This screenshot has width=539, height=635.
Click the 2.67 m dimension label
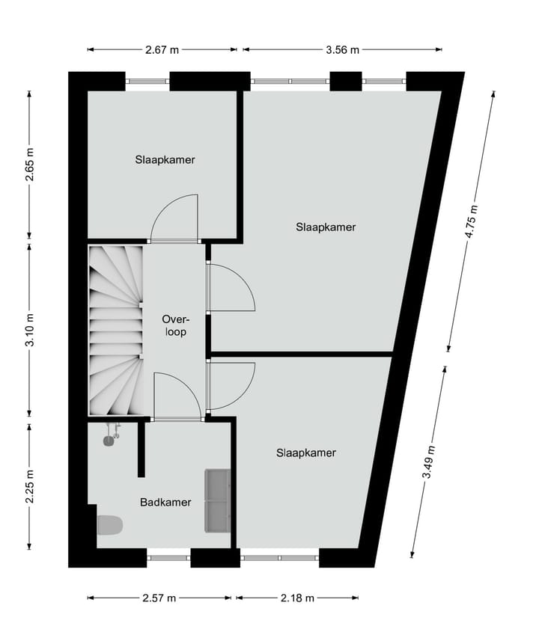point(162,50)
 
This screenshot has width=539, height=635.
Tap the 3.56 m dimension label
point(342,50)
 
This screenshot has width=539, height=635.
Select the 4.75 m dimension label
point(472,222)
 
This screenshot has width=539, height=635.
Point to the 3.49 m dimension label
point(428,461)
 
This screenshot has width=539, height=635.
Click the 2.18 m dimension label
point(297,598)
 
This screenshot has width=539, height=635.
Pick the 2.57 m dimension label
point(159,598)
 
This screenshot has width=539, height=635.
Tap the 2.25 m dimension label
point(30,486)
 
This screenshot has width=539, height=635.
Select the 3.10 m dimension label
point(30,330)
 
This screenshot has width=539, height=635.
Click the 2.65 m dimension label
point(30,165)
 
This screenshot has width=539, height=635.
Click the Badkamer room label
point(165,503)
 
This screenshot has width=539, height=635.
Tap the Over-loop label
point(176,325)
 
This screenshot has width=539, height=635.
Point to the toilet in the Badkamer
point(110,525)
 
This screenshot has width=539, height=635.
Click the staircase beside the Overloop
point(116,331)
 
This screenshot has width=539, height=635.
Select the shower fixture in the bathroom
point(112,435)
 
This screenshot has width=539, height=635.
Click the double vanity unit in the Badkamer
point(218,500)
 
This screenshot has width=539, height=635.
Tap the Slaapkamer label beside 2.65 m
point(165,159)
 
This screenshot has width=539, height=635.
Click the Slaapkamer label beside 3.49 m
point(306,453)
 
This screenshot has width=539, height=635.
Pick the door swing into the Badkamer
point(177,397)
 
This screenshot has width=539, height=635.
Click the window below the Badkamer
point(168,558)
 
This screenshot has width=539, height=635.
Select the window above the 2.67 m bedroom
point(147,81)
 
